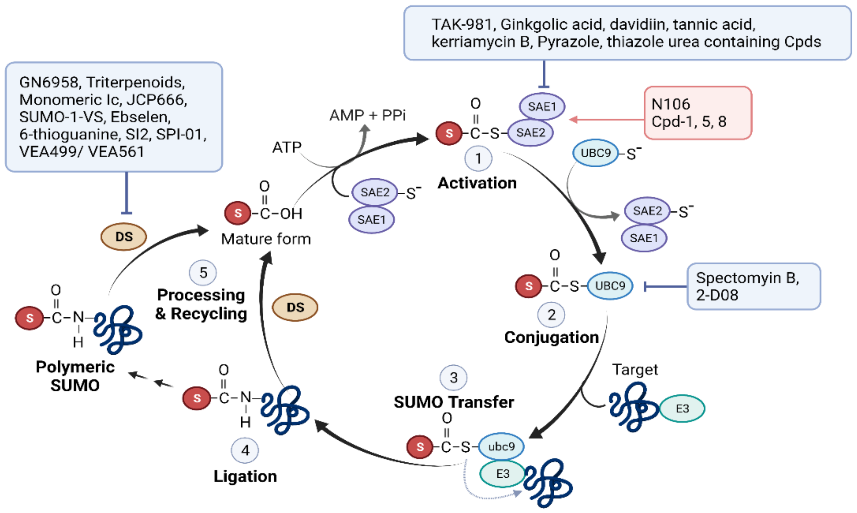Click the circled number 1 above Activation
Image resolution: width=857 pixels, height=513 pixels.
[x=478, y=158]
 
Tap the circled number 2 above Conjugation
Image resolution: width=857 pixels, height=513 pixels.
[x=551, y=315]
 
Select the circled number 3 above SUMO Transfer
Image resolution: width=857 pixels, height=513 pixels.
[x=453, y=377]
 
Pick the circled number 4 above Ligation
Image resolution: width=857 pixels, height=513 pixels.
[x=245, y=450]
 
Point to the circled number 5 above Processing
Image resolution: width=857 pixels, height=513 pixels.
[x=203, y=272]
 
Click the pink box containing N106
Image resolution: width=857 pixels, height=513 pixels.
[x=698, y=113]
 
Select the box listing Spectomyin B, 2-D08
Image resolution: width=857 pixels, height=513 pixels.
[x=753, y=286]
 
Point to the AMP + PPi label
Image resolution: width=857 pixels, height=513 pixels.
[x=368, y=115]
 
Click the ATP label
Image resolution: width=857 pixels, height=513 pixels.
[x=287, y=147]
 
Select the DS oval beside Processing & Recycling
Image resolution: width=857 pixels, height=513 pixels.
[x=295, y=307]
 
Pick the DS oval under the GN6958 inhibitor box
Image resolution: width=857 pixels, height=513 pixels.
[x=124, y=237]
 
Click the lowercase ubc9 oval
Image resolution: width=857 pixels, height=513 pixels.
[x=501, y=446]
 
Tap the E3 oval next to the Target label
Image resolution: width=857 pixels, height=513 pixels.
[x=682, y=408]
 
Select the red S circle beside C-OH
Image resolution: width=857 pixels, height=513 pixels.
[x=238, y=213]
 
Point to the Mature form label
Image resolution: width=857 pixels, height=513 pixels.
[x=266, y=239]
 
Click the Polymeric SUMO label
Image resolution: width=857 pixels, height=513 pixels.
[x=75, y=376]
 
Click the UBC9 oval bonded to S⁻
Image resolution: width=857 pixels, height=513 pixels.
[x=595, y=153]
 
